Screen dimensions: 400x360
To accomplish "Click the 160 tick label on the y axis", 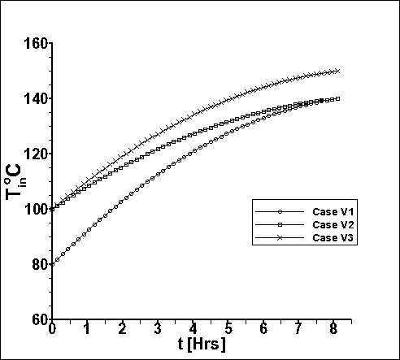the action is (36, 43).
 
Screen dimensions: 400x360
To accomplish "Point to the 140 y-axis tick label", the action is (36, 99).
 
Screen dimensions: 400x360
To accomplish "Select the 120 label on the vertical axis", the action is (36, 154).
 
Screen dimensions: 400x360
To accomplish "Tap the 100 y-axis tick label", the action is (36, 210).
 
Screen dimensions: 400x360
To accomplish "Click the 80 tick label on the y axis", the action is (40, 265).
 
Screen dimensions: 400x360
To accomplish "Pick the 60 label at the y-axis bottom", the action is (40, 320).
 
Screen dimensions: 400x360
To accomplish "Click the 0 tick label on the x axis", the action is (52, 329).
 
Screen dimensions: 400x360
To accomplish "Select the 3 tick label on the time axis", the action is (158, 329).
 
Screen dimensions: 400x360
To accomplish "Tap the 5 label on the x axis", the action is (228, 329).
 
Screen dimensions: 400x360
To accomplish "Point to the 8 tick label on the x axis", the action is (333, 329).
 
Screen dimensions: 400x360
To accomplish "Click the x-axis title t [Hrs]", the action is (202, 345).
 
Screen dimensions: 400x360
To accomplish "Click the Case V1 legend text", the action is (333, 211).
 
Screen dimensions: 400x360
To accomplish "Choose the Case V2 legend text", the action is (333, 224).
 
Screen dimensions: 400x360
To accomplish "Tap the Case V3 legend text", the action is (333, 237).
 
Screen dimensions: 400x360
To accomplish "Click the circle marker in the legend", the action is (280, 212).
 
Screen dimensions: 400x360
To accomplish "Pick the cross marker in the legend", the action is (280, 238).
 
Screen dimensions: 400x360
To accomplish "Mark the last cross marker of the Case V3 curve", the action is (337, 72).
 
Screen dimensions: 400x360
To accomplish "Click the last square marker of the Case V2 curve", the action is (337, 99).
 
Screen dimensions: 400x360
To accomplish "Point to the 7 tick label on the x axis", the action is (298, 329).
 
